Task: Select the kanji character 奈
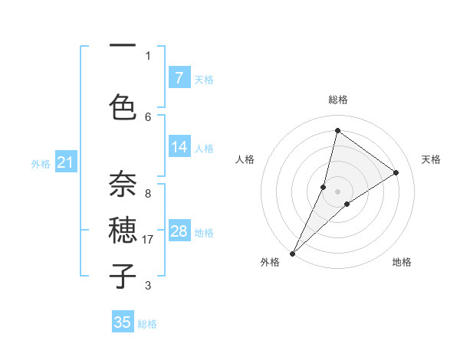click(x=123, y=185)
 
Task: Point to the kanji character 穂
click(x=123, y=231)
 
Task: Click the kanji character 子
click(x=123, y=276)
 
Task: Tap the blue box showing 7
click(x=179, y=78)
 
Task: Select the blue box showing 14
click(x=179, y=147)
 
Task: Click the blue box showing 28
click(x=179, y=231)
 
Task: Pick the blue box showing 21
click(x=65, y=162)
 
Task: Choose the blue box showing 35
click(x=123, y=322)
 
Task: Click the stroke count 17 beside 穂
click(x=148, y=240)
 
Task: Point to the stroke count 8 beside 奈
click(x=148, y=194)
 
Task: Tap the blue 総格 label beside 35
click(x=147, y=324)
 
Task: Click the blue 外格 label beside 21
click(x=41, y=163)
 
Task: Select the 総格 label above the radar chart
click(x=338, y=100)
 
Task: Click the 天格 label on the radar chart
click(x=431, y=159)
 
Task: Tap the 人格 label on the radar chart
click(x=245, y=159)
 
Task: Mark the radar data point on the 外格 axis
click(x=292, y=253)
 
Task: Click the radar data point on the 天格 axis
click(x=396, y=172)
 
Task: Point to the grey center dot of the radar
click(x=338, y=191)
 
